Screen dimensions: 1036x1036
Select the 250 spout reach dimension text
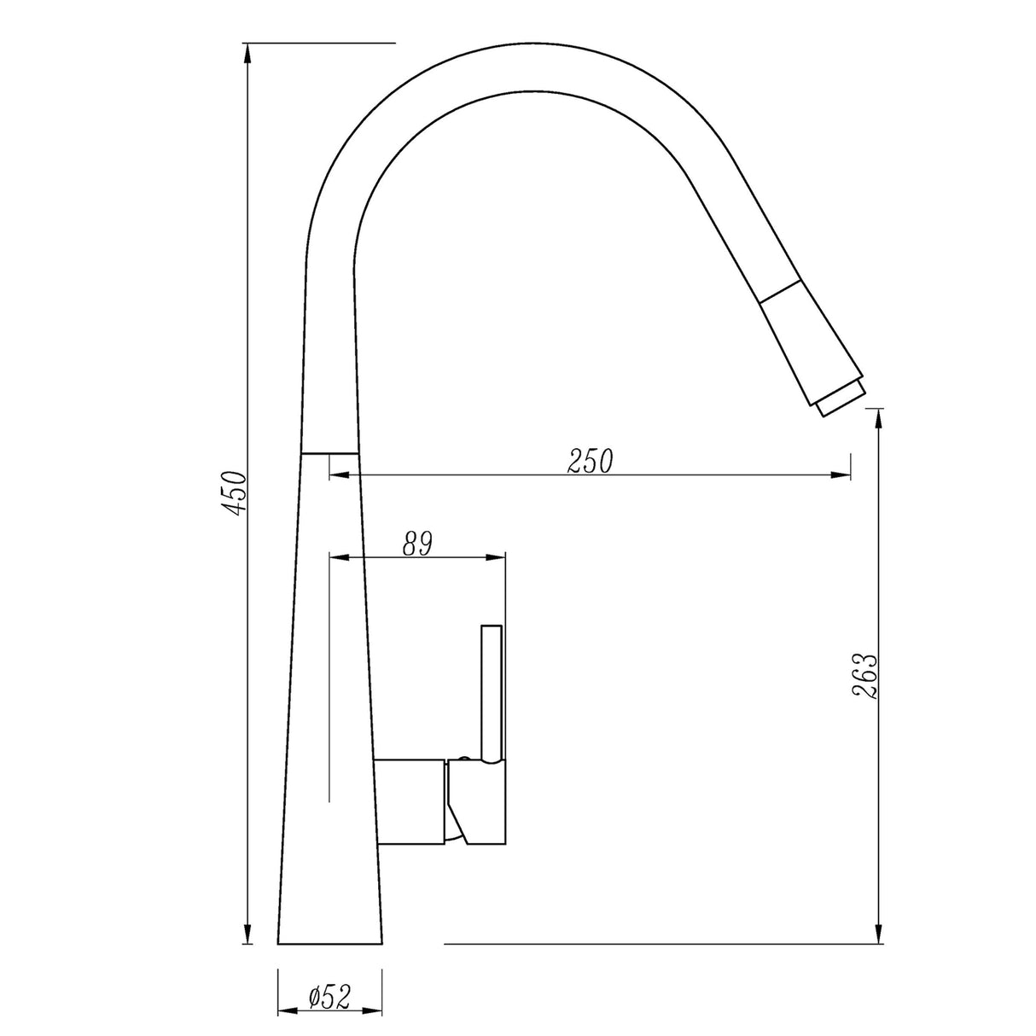590,462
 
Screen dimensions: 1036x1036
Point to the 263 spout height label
864,677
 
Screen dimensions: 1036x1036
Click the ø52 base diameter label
329,998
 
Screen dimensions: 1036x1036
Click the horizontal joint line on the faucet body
330,452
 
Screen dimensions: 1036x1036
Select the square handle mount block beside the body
410,800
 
